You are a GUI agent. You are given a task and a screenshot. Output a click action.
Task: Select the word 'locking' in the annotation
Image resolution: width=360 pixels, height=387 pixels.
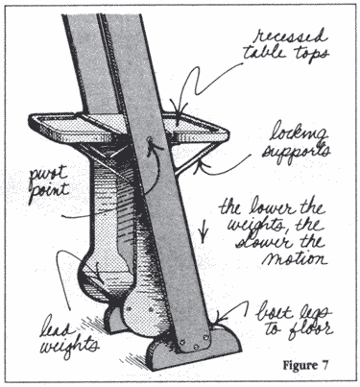pos(298,133)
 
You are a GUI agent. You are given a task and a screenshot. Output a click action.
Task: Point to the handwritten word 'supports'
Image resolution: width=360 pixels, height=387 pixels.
pos(295,151)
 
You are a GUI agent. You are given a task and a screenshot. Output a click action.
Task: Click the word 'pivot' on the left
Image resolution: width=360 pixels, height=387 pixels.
pos(49,176)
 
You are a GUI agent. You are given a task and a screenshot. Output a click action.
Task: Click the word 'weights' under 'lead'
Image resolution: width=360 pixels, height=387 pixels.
pos(68,347)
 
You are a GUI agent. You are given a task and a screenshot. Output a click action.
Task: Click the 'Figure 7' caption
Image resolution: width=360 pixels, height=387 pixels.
pos(305,365)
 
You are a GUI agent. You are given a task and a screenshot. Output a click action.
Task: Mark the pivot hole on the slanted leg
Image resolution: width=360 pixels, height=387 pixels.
pos(149,140)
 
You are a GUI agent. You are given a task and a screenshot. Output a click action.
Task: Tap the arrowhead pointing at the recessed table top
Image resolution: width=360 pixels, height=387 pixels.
pos(177,112)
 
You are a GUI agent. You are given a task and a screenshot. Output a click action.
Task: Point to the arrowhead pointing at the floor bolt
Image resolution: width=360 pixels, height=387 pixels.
pos(220,318)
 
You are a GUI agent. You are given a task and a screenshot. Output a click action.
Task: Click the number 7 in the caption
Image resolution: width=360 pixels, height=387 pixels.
pos(324,365)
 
